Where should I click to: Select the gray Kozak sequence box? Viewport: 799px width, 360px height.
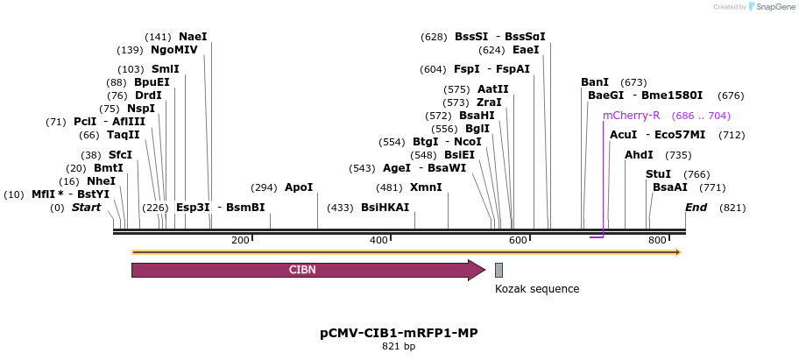coord(498,270)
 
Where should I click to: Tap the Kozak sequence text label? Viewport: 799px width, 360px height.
coord(536,289)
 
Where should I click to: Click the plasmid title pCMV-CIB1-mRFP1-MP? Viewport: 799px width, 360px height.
coord(399,333)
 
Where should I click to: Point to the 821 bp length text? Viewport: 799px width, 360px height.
coord(399,347)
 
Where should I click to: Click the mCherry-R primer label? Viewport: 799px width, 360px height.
coord(631,116)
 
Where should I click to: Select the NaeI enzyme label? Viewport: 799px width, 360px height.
coord(193,37)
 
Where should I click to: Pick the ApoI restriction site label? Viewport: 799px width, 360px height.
coord(299,187)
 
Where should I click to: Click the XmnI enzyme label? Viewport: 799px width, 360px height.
coord(426,187)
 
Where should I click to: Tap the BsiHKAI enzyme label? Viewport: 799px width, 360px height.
coord(385,208)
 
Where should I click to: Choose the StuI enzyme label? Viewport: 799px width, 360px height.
coord(658,174)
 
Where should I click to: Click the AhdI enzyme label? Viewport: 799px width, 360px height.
coord(639,155)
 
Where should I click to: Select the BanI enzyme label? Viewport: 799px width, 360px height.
coord(595,82)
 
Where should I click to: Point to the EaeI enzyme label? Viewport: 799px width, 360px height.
coord(526,50)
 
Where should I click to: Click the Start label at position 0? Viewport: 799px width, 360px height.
coord(86,208)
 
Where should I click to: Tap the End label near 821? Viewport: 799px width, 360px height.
coord(696,208)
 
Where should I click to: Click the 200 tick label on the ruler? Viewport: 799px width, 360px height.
coord(240,241)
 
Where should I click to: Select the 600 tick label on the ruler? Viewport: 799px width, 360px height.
coord(518,241)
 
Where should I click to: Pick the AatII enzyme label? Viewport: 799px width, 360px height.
coord(492,89)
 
